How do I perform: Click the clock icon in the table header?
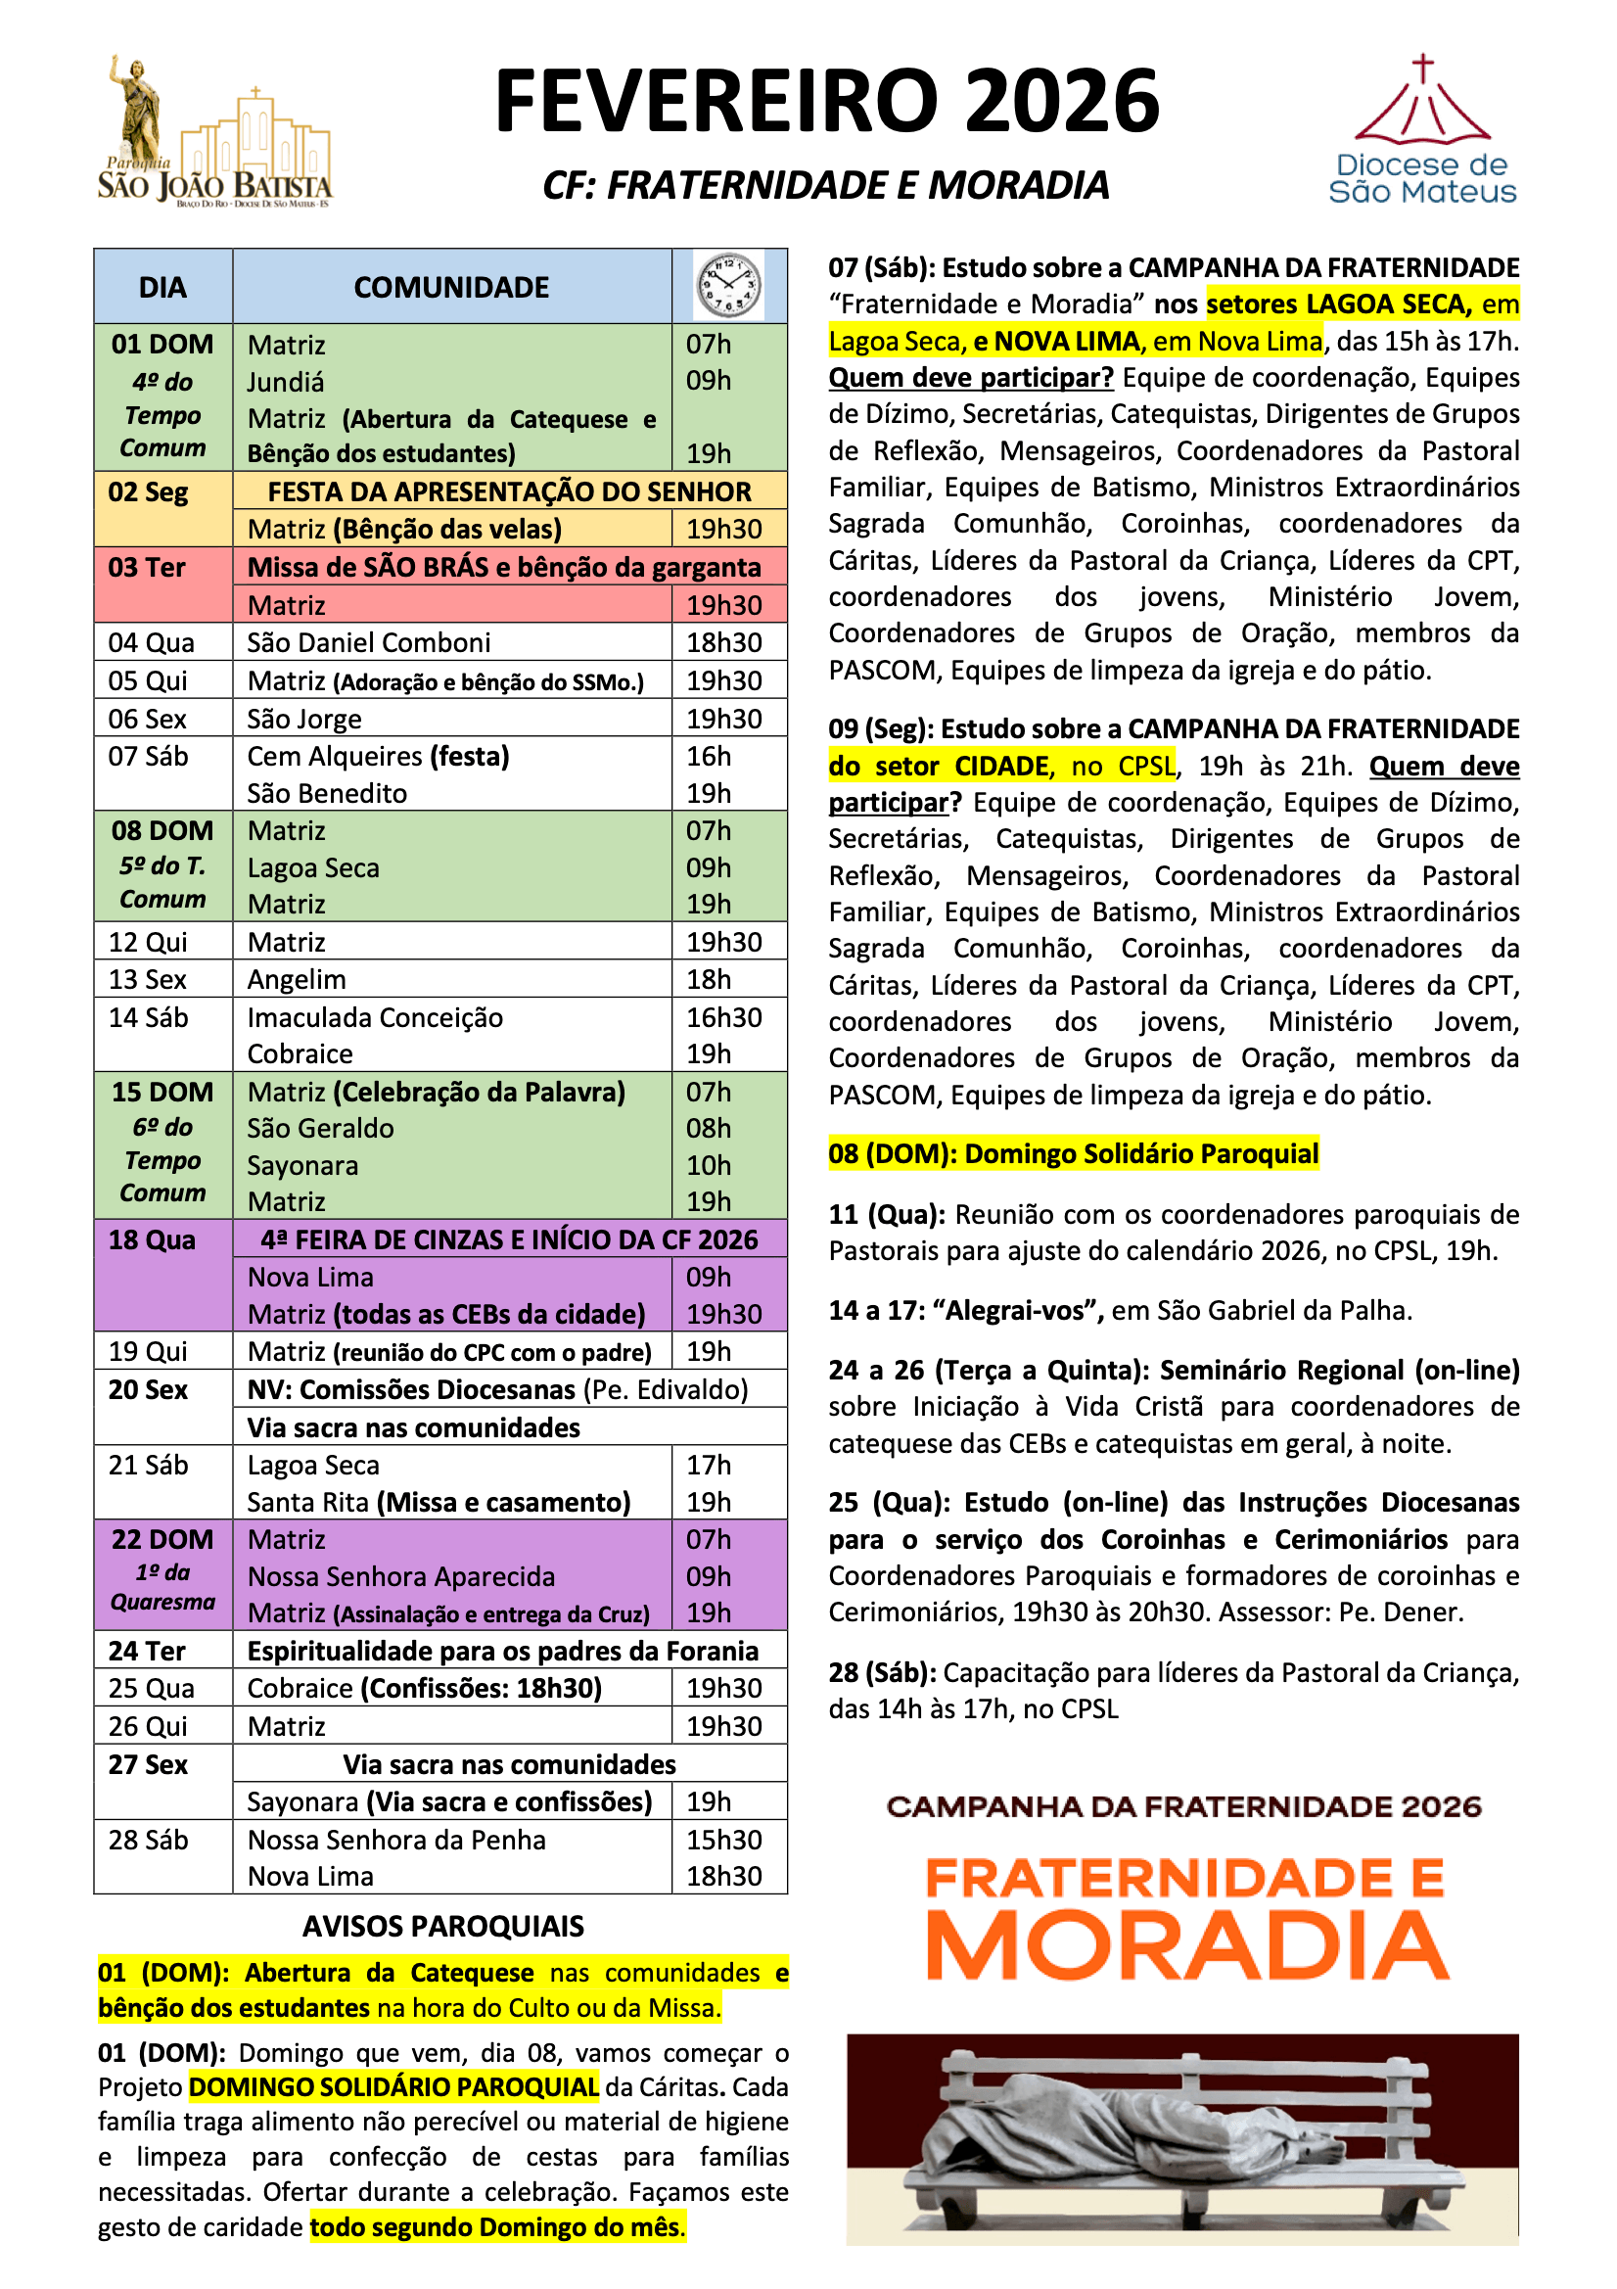pyautogui.click(x=729, y=286)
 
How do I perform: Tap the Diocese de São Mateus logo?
pyautogui.click(x=1421, y=130)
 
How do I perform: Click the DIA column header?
pyautogui.click(x=162, y=288)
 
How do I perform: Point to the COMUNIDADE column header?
pyautogui.click(x=450, y=288)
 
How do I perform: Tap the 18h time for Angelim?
pyautogui.click(x=709, y=980)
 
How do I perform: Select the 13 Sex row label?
pyautogui.click(x=148, y=980)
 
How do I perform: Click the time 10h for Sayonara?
pyautogui.click(x=709, y=1165)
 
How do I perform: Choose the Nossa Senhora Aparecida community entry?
pyautogui.click(x=400, y=1577)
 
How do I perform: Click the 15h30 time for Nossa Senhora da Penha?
pyautogui.click(x=723, y=1841)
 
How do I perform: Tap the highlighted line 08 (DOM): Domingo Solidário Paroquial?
pyautogui.click(x=1073, y=1154)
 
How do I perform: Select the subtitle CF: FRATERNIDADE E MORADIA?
pyautogui.click(x=825, y=185)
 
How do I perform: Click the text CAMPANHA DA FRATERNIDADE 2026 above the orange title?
pyautogui.click(x=1183, y=1807)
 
